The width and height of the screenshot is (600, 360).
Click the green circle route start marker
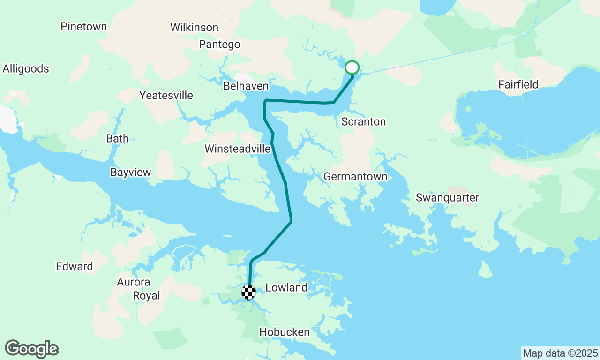pos(352,68)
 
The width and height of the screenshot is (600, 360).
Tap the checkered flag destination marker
pos(248,292)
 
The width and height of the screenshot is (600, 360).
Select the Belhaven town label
pos(246,86)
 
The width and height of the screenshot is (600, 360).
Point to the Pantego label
pos(219,45)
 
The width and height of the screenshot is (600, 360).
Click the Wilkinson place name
pos(194,28)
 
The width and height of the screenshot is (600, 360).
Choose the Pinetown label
pos(84,27)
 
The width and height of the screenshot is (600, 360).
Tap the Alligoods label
pos(26,69)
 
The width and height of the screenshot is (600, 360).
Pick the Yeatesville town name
pos(166,96)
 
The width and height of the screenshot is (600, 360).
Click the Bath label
pos(117,139)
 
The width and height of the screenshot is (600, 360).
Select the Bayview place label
pos(131,172)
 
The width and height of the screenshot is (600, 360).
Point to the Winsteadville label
pos(238,149)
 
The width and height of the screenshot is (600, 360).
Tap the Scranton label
pos(363,122)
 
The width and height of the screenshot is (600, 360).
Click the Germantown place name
pos(356,177)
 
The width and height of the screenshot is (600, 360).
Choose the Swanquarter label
pos(447,198)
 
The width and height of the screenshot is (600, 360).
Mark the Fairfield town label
pos(518,85)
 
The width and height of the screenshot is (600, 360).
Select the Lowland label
pos(286,288)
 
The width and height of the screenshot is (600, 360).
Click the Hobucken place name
pos(285,332)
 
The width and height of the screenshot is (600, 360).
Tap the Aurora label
pos(134,282)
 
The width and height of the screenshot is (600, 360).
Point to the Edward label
pos(75,267)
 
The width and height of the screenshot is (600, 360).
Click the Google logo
pos(32,349)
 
